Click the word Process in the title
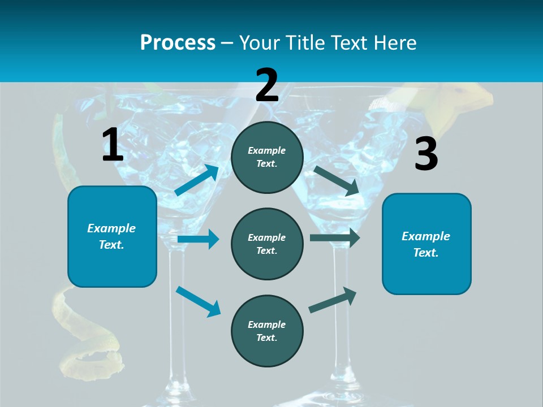click(x=178, y=43)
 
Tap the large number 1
click(x=113, y=145)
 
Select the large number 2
click(x=267, y=85)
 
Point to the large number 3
click(x=426, y=154)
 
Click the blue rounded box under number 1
click(x=112, y=236)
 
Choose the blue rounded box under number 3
click(x=426, y=244)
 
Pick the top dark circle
click(x=267, y=157)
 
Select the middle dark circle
click(x=267, y=244)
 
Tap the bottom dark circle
click(x=267, y=331)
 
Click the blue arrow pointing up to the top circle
click(x=197, y=180)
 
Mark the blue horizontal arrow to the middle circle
click(x=198, y=239)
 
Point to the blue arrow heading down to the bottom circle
click(x=198, y=301)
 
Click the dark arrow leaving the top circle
click(x=336, y=180)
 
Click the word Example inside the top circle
click(x=267, y=150)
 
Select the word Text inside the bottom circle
click(x=266, y=337)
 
